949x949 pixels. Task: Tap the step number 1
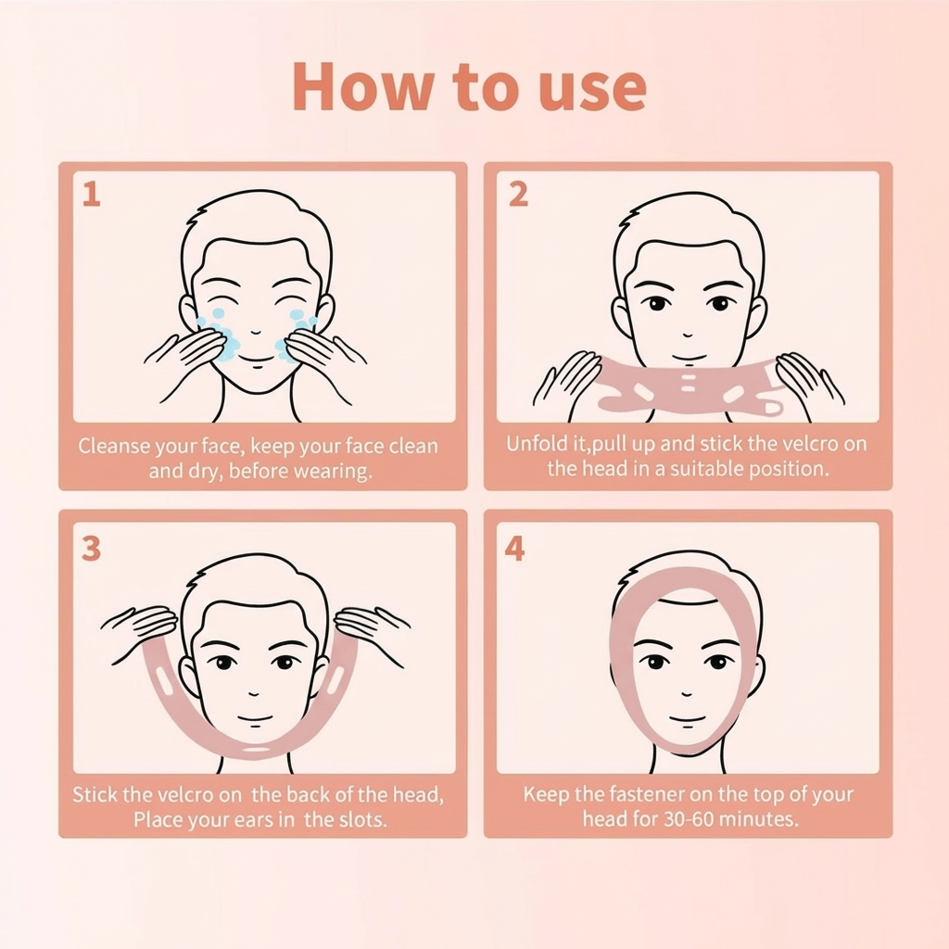[x=91, y=195]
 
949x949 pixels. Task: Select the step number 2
[x=518, y=195]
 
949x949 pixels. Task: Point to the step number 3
[x=91, y=549]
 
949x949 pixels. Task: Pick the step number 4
[x=514, y=549]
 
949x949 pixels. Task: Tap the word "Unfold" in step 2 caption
[x=536, y=444]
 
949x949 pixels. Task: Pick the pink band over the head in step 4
[x=686, y=575]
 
